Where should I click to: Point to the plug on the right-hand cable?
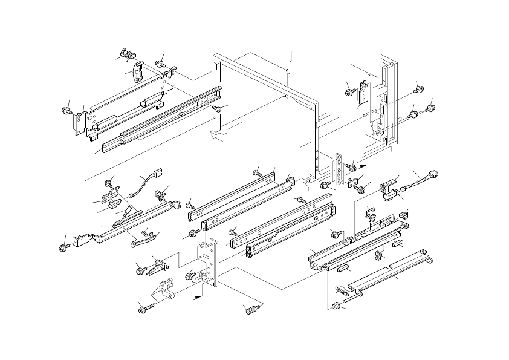point(433,175)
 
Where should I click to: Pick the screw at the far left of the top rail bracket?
point(65,111)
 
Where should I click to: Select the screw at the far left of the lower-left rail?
point(63,247)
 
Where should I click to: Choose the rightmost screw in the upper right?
point(430,109)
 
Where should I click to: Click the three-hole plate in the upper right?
point(365,94)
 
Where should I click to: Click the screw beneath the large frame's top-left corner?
point(216,108)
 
